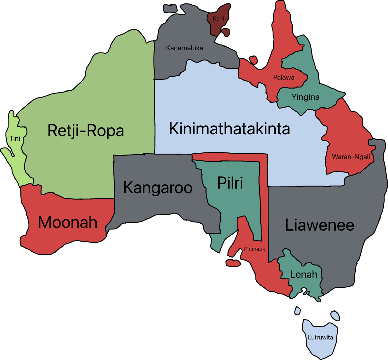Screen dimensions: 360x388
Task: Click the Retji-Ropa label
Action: (86, 131)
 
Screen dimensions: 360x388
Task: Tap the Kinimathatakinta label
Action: (229, 129)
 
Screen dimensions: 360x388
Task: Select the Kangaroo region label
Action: (158, 188)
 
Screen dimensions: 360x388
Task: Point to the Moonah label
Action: (68, 222)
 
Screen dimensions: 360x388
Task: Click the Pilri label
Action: (230, 183)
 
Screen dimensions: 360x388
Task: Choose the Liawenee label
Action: (319, 225)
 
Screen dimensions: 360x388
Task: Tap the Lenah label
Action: (304, 274)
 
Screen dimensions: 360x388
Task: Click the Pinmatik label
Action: (254, 249)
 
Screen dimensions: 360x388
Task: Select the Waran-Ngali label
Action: (351, 157)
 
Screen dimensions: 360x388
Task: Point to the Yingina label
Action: (305, 97)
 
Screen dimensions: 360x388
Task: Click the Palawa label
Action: (284, 78)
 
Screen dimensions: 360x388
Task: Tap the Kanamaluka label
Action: (184, 48)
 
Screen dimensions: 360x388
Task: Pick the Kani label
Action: (218, 19)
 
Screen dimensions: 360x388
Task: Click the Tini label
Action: (15, 139)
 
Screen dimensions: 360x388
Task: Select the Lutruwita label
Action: (320, 338)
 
